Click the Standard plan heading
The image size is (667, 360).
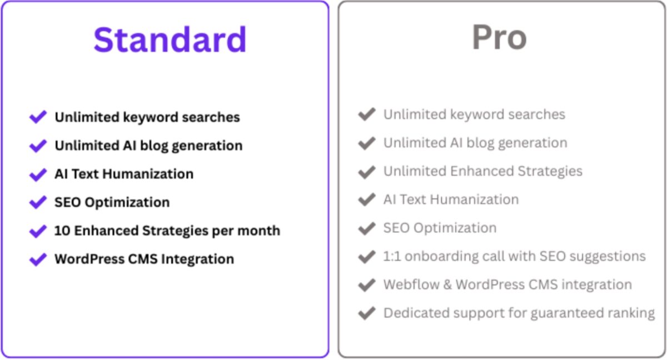pyautogui.click(x=170, y=39)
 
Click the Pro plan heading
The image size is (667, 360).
pyautogui.click(x=499, y=37)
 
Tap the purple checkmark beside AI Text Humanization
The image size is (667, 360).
pyautogui.click(x=38, y=174)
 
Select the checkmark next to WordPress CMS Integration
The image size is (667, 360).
pyautogui.click(x=38, y=259)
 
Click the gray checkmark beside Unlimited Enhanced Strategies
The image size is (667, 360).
pyautogui.click(x=367, y=172)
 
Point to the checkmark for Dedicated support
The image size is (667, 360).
pyautogui.click(x=367, y=313)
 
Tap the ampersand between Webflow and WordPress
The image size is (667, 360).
pyautogui.click(x=447, y=285)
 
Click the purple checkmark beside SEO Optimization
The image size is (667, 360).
pyautogui.click(x=38, y=203)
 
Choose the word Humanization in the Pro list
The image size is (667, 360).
pyautogui.click(x=474, y=199)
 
